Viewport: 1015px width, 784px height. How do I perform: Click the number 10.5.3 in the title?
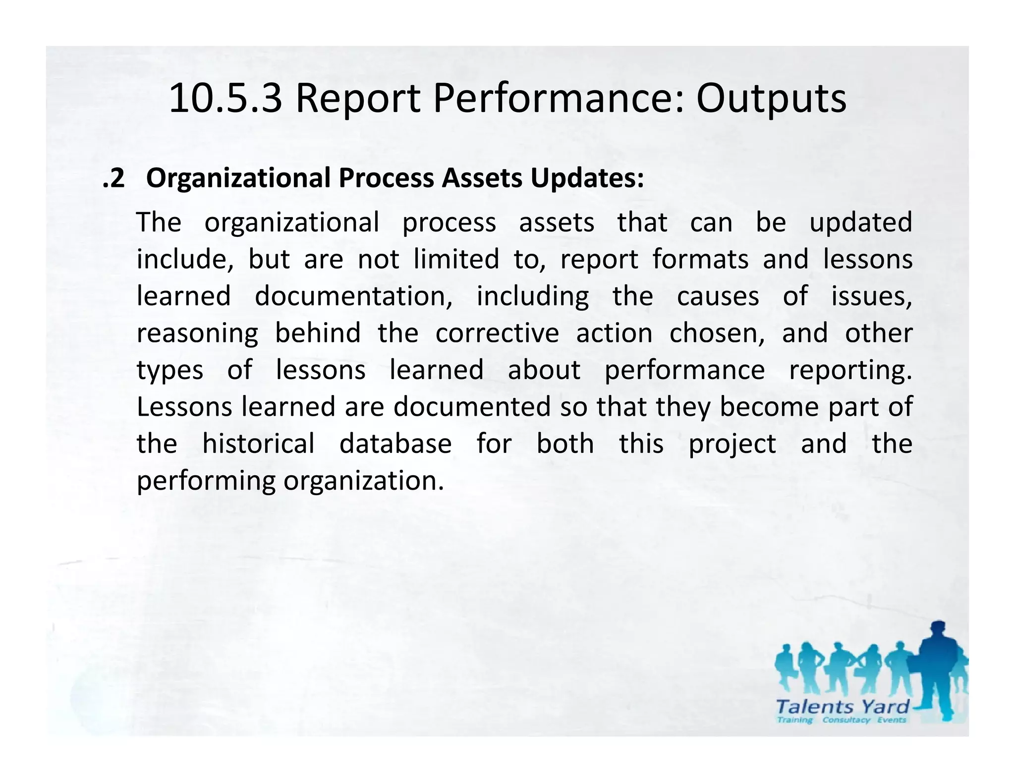point(226,99)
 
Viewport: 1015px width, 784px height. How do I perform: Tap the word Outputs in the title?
point(771,99)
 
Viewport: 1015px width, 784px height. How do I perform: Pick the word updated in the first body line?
point(860,223)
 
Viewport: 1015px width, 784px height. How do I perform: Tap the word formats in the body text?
point(700,260)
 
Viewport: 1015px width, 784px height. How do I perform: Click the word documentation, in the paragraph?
point(353,296)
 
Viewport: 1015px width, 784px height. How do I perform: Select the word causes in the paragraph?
point(718,296)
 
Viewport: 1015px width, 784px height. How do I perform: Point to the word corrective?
point(497,333)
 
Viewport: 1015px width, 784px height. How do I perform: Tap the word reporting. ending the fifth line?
point(850,370)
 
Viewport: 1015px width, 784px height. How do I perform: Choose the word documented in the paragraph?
point(472,407)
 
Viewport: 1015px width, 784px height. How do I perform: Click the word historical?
point(258,444)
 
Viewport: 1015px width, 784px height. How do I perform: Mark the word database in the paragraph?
point(395,444)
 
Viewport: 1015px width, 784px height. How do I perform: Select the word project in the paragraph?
point(732,444)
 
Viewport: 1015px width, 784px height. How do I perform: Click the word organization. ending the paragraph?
point(363,481)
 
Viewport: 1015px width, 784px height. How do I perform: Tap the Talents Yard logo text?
point(842,706)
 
